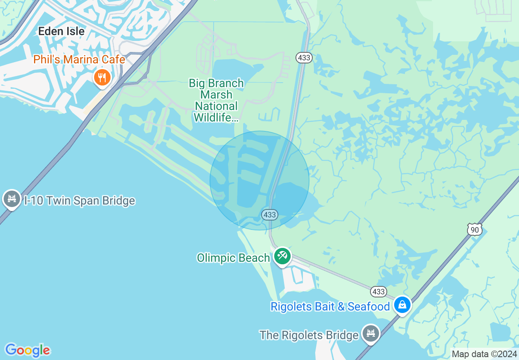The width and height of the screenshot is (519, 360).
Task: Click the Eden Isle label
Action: (x=61, y=31)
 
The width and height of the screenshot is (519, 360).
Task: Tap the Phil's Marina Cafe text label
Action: (x=79, y=60)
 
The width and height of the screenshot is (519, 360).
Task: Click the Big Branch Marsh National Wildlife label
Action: (x=216, y=101)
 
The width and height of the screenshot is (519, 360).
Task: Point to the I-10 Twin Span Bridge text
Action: (x=79, y=201)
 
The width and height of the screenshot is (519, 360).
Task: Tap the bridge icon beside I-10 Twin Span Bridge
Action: (x=12, y=199)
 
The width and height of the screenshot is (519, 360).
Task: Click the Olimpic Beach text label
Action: (x=233, y=258)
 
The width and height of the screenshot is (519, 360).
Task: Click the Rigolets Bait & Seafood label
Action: (x=330, y=306)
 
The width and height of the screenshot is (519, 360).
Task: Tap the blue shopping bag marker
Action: (x=402, y=305)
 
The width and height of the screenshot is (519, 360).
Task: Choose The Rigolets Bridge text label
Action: (x=309, y=335)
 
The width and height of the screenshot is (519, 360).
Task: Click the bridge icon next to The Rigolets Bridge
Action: (x=371, y=333)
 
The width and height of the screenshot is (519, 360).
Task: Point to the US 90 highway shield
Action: (x=474, y=229)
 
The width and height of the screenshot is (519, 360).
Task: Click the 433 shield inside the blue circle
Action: (x=269, y=214)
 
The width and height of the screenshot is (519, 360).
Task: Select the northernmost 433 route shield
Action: (x=304, y=58)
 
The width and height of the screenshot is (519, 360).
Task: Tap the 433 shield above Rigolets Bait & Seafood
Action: (x=379, y=291)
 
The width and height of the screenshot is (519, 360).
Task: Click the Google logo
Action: (x=27, y=350)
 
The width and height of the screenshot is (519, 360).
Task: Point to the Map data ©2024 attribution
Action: (x=484, y=354)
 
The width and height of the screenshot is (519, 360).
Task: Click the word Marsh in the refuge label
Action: (x=216, y=95)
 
